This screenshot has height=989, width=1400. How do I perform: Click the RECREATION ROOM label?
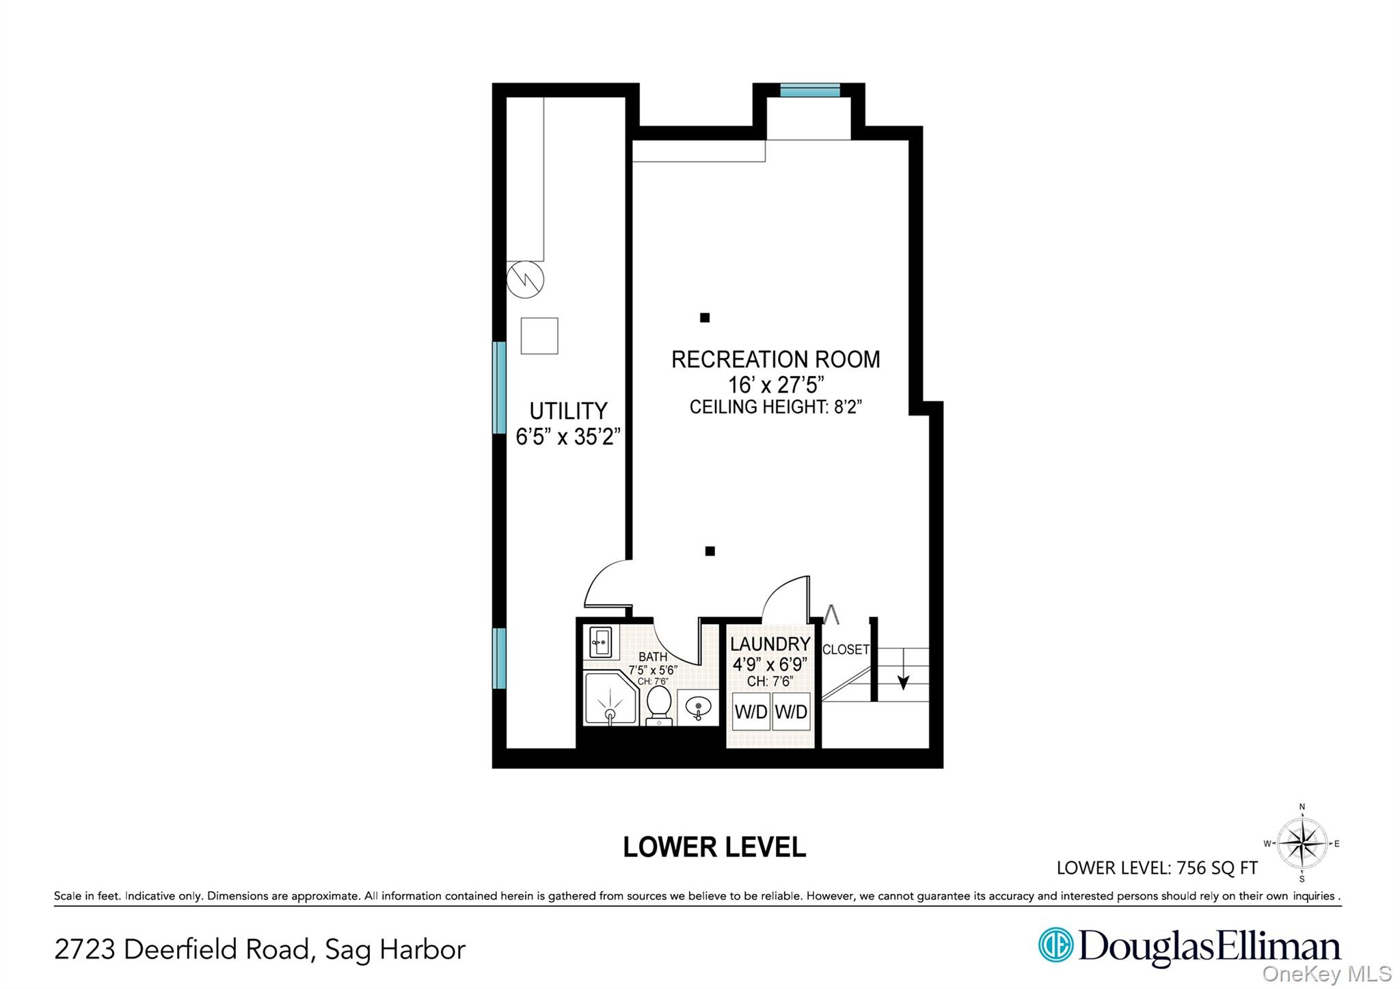[775, 360]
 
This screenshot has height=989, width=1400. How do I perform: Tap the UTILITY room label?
[568, 411]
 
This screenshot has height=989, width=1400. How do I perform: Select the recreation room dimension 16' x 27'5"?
[775, 384]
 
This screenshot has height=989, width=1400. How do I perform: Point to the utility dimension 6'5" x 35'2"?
[567, 436]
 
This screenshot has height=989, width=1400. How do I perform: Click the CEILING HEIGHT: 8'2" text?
[775, 407]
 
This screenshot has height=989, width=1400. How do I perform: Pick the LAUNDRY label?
[770, 644]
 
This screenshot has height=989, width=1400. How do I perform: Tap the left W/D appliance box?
[751, 712]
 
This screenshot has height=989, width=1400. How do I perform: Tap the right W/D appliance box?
[791, 712]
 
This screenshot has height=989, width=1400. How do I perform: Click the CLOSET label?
[846, 649]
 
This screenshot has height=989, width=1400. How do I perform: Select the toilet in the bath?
[659, 705]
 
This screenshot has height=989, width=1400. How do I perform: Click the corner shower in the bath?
[610, 699]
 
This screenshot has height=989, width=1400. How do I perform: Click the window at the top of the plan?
[809, 90]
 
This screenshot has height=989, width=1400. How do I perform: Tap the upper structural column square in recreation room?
[705, 317]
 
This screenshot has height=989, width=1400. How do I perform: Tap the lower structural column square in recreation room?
[710, 551]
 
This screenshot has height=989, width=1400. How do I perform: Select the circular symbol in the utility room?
[525, 279]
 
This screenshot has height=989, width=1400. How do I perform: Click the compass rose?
[1302, 843]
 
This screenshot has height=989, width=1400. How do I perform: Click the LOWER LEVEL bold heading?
[714, 848]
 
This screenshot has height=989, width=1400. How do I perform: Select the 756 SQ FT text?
[1217, 868]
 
